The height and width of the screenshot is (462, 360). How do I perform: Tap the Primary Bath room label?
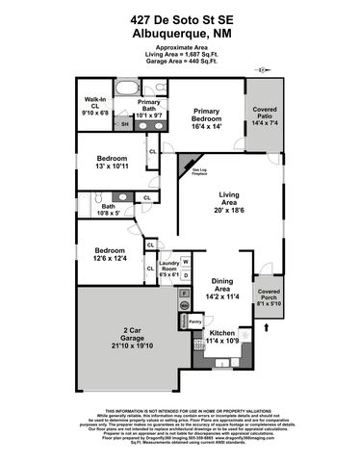coord(148,106)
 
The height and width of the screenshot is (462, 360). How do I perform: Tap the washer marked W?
coord(186,262)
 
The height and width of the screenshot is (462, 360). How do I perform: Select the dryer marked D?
coord(186,275)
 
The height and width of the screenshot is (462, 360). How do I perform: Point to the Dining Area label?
coord(221,287)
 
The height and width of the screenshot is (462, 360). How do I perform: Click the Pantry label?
coord(194,321)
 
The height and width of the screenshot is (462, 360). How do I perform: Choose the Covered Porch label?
coord(268,296)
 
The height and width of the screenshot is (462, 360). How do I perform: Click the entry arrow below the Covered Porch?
coord(268,327)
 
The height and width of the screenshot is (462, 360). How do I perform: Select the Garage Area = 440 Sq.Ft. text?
coord(180,64)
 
